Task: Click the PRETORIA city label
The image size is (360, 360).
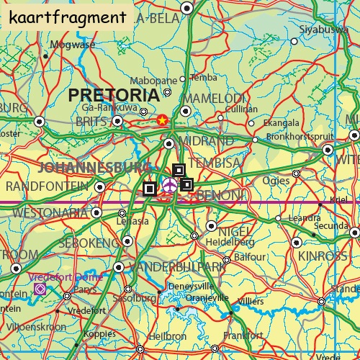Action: pos(114,95)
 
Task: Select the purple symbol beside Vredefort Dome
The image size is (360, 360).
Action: pos(40,289)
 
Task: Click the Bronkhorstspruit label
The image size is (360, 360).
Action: pos(300,135)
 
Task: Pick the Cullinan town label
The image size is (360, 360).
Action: pos(241,109)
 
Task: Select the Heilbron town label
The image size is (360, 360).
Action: pos(167,336)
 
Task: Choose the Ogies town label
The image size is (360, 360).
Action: pos(277,181)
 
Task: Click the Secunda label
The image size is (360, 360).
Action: pos(330,225)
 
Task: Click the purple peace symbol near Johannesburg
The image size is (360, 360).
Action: pos(170,186)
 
